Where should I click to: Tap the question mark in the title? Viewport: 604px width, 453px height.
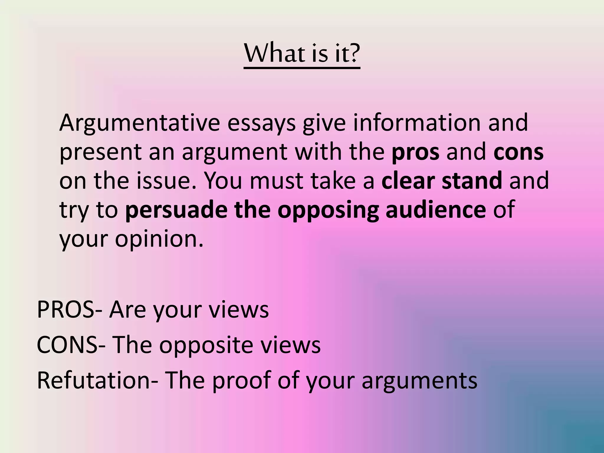[353, 54]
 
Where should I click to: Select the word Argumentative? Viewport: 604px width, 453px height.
[139, 123]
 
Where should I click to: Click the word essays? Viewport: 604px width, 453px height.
[261, 123]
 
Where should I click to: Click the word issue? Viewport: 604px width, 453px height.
[166, 181]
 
